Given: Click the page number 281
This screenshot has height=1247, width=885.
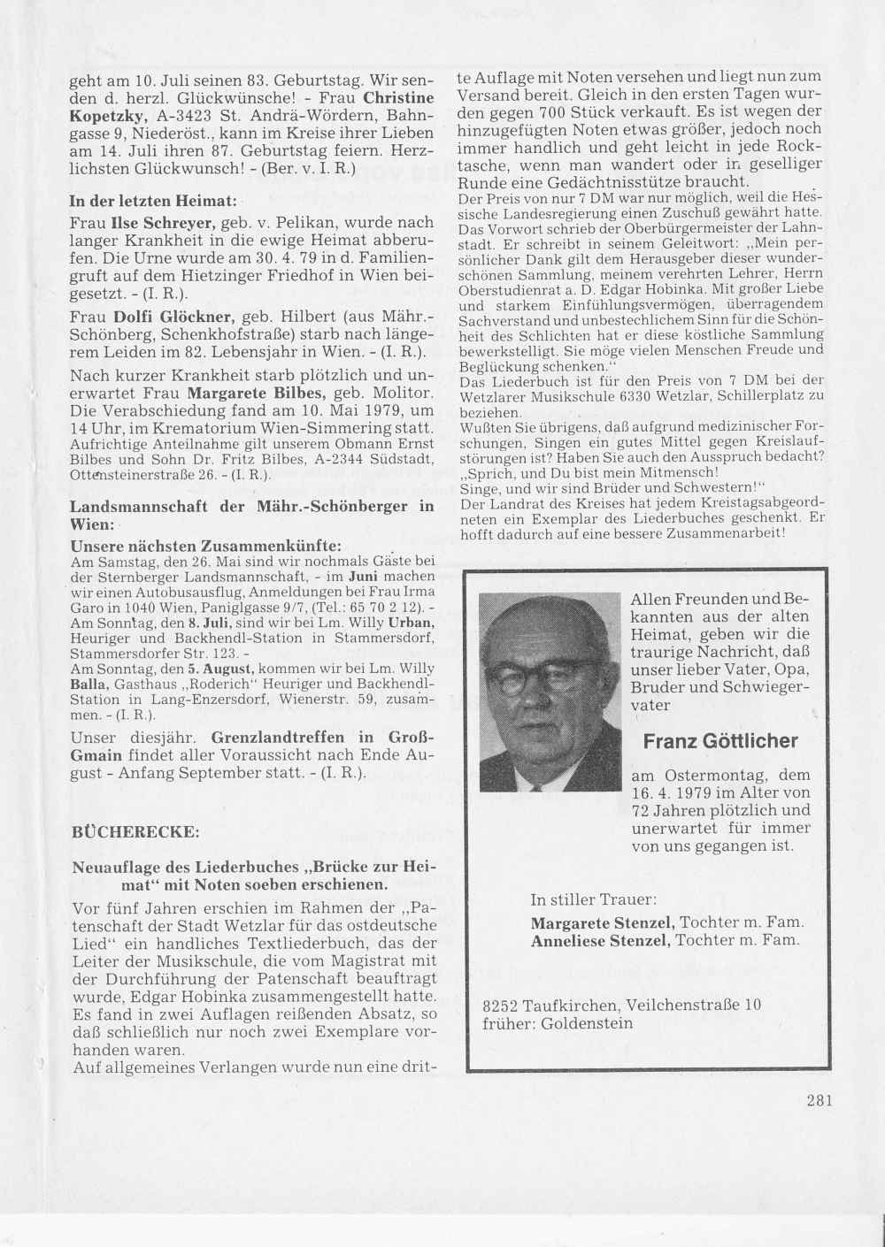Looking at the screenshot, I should tap(820, 1100).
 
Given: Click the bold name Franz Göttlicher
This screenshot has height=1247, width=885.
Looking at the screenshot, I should tap(721, 741).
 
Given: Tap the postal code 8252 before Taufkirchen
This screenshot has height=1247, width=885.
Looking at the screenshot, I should tap(501, 1005).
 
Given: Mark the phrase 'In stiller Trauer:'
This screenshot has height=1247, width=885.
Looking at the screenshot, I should tap(593, 900).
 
